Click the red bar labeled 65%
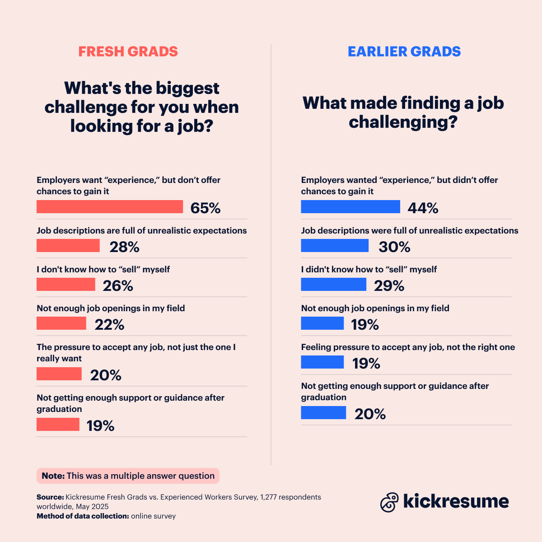point(110,207)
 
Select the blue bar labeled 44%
point(350,207)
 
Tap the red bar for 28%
point(68,246)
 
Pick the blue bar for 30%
point(335,246)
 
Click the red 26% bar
point(66,285)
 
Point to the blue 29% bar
point(334,285)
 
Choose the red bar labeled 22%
point(61,323)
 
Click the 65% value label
point(206,208)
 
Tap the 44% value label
point(423,208)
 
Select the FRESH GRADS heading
point(128,51)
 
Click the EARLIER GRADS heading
point(404,51)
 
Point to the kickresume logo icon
point(389,502)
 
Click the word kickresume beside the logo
point(456,501)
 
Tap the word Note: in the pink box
point(53,476)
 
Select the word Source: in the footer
point(50,497)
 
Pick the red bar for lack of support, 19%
point(58,425)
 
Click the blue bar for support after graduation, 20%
point(323,413)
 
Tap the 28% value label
point(124,247)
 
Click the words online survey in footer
point(153,516)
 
